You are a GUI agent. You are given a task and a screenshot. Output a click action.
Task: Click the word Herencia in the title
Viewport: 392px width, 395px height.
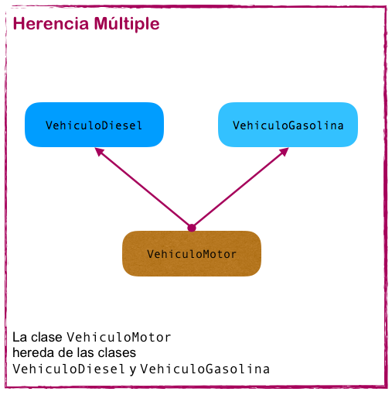49,24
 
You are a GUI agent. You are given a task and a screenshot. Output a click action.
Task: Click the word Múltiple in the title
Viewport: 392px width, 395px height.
124,24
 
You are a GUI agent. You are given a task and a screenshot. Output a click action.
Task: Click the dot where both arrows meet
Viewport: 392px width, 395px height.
192,228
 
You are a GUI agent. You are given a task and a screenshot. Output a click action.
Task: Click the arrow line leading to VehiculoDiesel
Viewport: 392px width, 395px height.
145,190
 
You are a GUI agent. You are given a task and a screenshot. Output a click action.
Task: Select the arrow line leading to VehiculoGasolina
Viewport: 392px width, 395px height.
238,190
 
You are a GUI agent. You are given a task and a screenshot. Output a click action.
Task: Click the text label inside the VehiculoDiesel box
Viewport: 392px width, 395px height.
94,125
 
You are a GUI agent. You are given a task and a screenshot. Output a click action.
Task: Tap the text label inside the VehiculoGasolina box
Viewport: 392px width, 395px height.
288,125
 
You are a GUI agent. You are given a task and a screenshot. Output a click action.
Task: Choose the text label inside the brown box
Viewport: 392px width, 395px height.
192,254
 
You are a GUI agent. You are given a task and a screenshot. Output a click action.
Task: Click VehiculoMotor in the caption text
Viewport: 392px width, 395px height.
119,338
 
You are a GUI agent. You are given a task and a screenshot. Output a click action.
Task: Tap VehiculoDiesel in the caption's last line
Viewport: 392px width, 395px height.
69,369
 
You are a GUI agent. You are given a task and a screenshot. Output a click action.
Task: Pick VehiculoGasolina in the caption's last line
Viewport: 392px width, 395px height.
205,369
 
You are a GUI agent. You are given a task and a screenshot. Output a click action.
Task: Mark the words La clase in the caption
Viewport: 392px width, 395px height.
38,338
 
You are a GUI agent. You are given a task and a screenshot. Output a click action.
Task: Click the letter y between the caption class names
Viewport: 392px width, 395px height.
132,370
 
